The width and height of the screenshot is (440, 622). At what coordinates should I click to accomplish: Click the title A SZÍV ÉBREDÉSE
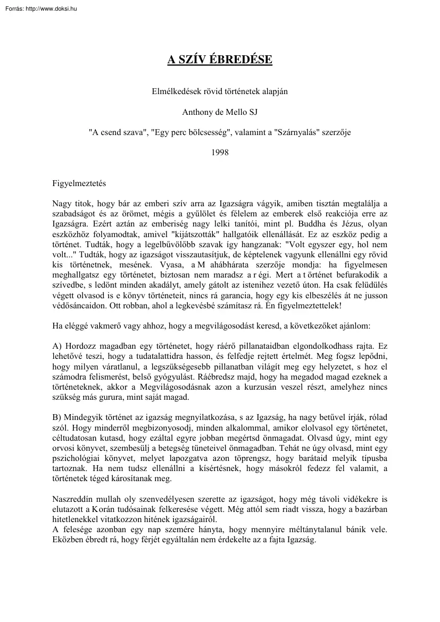(220, 60)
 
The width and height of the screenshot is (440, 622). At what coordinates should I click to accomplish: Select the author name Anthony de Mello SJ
(220, 112)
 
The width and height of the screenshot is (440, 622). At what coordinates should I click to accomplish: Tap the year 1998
(220, 153)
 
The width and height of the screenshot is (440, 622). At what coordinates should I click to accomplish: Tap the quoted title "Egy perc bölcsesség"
(192, 132)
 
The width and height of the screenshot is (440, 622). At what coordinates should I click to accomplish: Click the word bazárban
(369, 509)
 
